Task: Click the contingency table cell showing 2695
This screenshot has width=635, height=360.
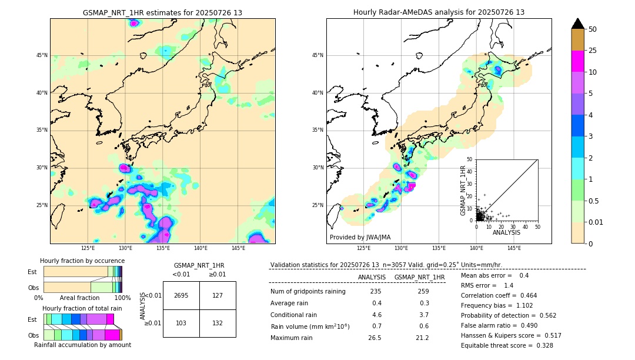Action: (181, 295)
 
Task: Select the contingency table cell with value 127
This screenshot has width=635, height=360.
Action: (218, 295)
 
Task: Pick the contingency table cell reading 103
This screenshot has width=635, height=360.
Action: (181, 324)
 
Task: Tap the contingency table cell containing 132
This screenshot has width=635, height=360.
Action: (218, 324)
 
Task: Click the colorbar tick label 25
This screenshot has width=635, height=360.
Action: (593, 51)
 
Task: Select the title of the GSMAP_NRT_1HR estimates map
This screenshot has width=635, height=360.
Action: (162, 12)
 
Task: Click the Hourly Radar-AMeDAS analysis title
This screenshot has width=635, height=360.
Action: (439, 12)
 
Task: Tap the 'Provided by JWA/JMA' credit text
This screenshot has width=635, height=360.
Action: (360, 237)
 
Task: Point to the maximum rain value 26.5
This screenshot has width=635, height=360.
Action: (374, 338)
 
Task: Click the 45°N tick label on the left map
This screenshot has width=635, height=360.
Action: (42, 55)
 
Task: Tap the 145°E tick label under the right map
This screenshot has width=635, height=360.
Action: (514, 248)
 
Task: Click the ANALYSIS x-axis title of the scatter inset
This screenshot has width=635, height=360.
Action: (506, 232)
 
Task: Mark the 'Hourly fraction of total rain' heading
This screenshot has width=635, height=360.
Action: (82, 308)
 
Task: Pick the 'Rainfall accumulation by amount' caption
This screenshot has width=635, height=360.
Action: (82, 345)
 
